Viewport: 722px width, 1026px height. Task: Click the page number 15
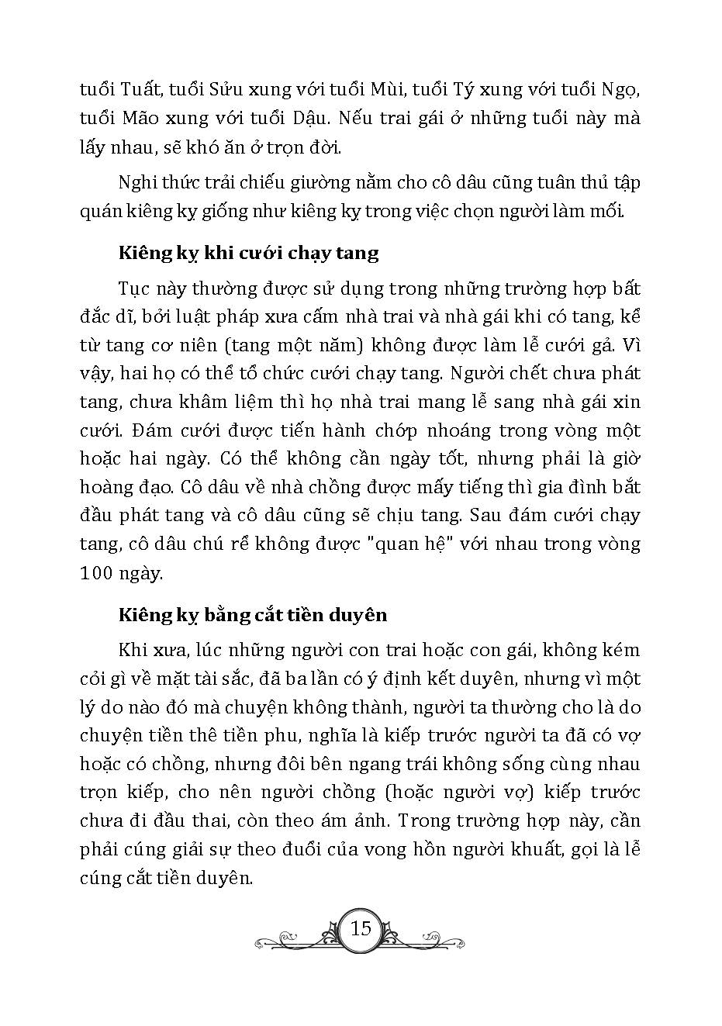(361, 928)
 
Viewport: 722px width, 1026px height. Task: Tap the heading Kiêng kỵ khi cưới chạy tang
(248, 253)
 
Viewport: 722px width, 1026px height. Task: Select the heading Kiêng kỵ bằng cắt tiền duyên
(252, 615)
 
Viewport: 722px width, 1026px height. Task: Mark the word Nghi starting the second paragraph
(137, 183)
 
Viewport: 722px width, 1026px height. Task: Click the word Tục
(136, 288)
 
